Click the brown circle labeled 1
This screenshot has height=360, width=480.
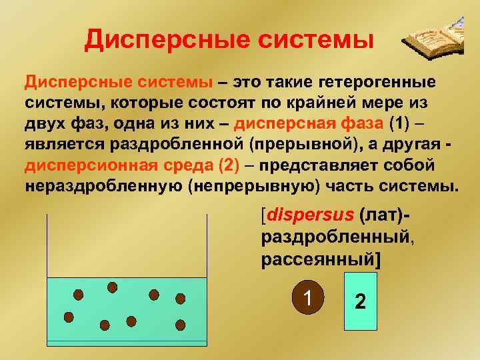click(x=307, y=297)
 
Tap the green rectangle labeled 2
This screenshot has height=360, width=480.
click(x=360, y=301)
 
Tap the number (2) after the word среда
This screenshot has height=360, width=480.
click(x=231, y=165)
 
